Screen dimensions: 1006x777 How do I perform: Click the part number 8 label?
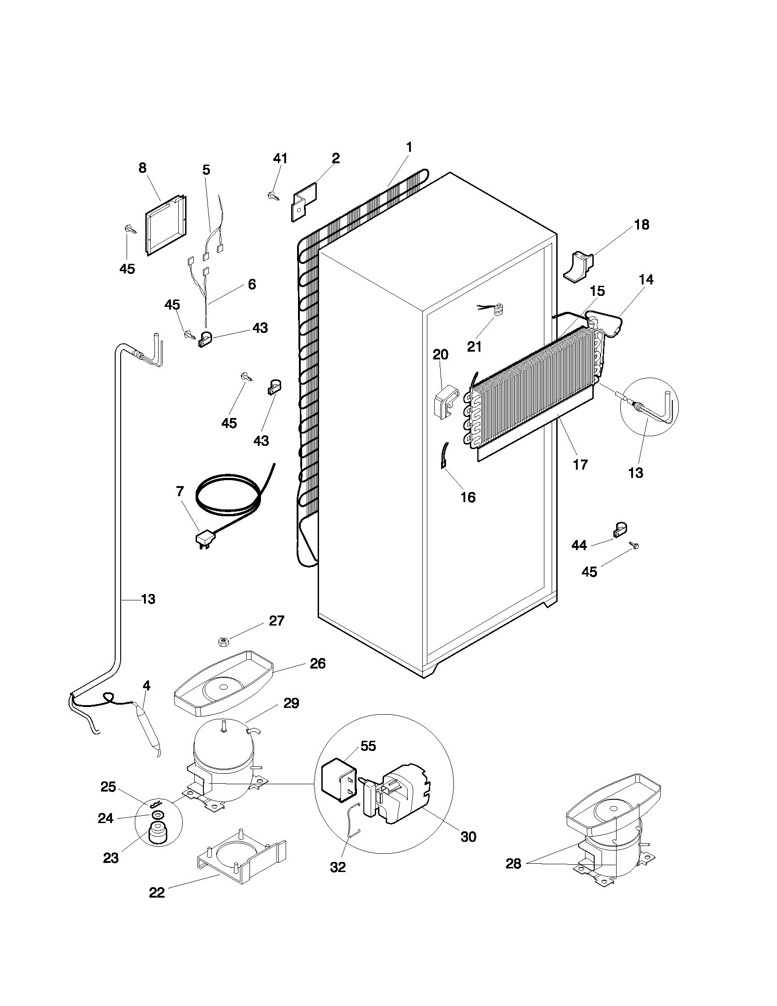143,168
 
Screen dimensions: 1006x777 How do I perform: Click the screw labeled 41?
272,196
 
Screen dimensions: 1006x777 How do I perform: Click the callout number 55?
368,746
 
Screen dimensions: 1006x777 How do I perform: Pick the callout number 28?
513,864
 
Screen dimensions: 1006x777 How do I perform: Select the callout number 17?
580,465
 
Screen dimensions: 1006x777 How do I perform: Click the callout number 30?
468,836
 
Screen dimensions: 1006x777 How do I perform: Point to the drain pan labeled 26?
223,682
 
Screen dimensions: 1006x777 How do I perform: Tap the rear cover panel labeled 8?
166,226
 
